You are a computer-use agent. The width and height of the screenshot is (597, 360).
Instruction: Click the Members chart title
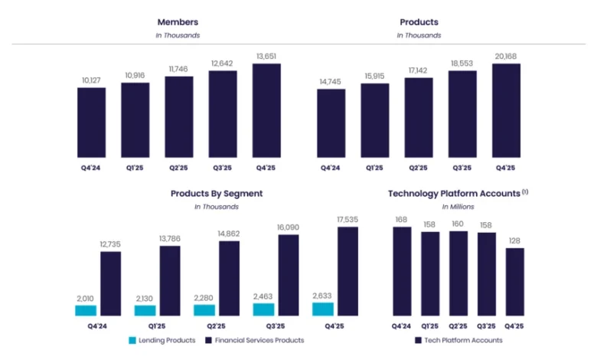click(x=178, y=22)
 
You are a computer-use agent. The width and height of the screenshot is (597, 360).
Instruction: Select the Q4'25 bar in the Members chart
click(x=266, y=111)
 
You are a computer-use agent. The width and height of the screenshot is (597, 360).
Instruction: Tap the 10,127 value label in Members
click(x=91, y=80)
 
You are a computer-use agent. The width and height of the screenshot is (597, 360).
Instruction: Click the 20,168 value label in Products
click(x=506, y=56)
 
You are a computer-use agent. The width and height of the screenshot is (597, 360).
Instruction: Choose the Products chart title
click(x=419, y=22)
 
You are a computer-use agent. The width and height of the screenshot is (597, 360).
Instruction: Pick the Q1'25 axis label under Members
click(x=135, y=168)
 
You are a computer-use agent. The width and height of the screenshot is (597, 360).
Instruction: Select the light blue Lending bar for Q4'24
click(x=86, y=310)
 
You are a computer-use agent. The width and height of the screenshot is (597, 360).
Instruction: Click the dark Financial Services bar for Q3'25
click(x=289, y=275)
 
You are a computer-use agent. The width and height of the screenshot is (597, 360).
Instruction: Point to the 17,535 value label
click(x=347, y=220)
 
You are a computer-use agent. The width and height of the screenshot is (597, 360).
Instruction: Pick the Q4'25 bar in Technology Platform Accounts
click(x=515, y=282)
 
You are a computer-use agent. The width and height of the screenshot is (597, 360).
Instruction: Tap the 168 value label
click(x=401, y=220)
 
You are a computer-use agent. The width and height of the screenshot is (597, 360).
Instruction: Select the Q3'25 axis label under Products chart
click(x=462, y=168)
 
